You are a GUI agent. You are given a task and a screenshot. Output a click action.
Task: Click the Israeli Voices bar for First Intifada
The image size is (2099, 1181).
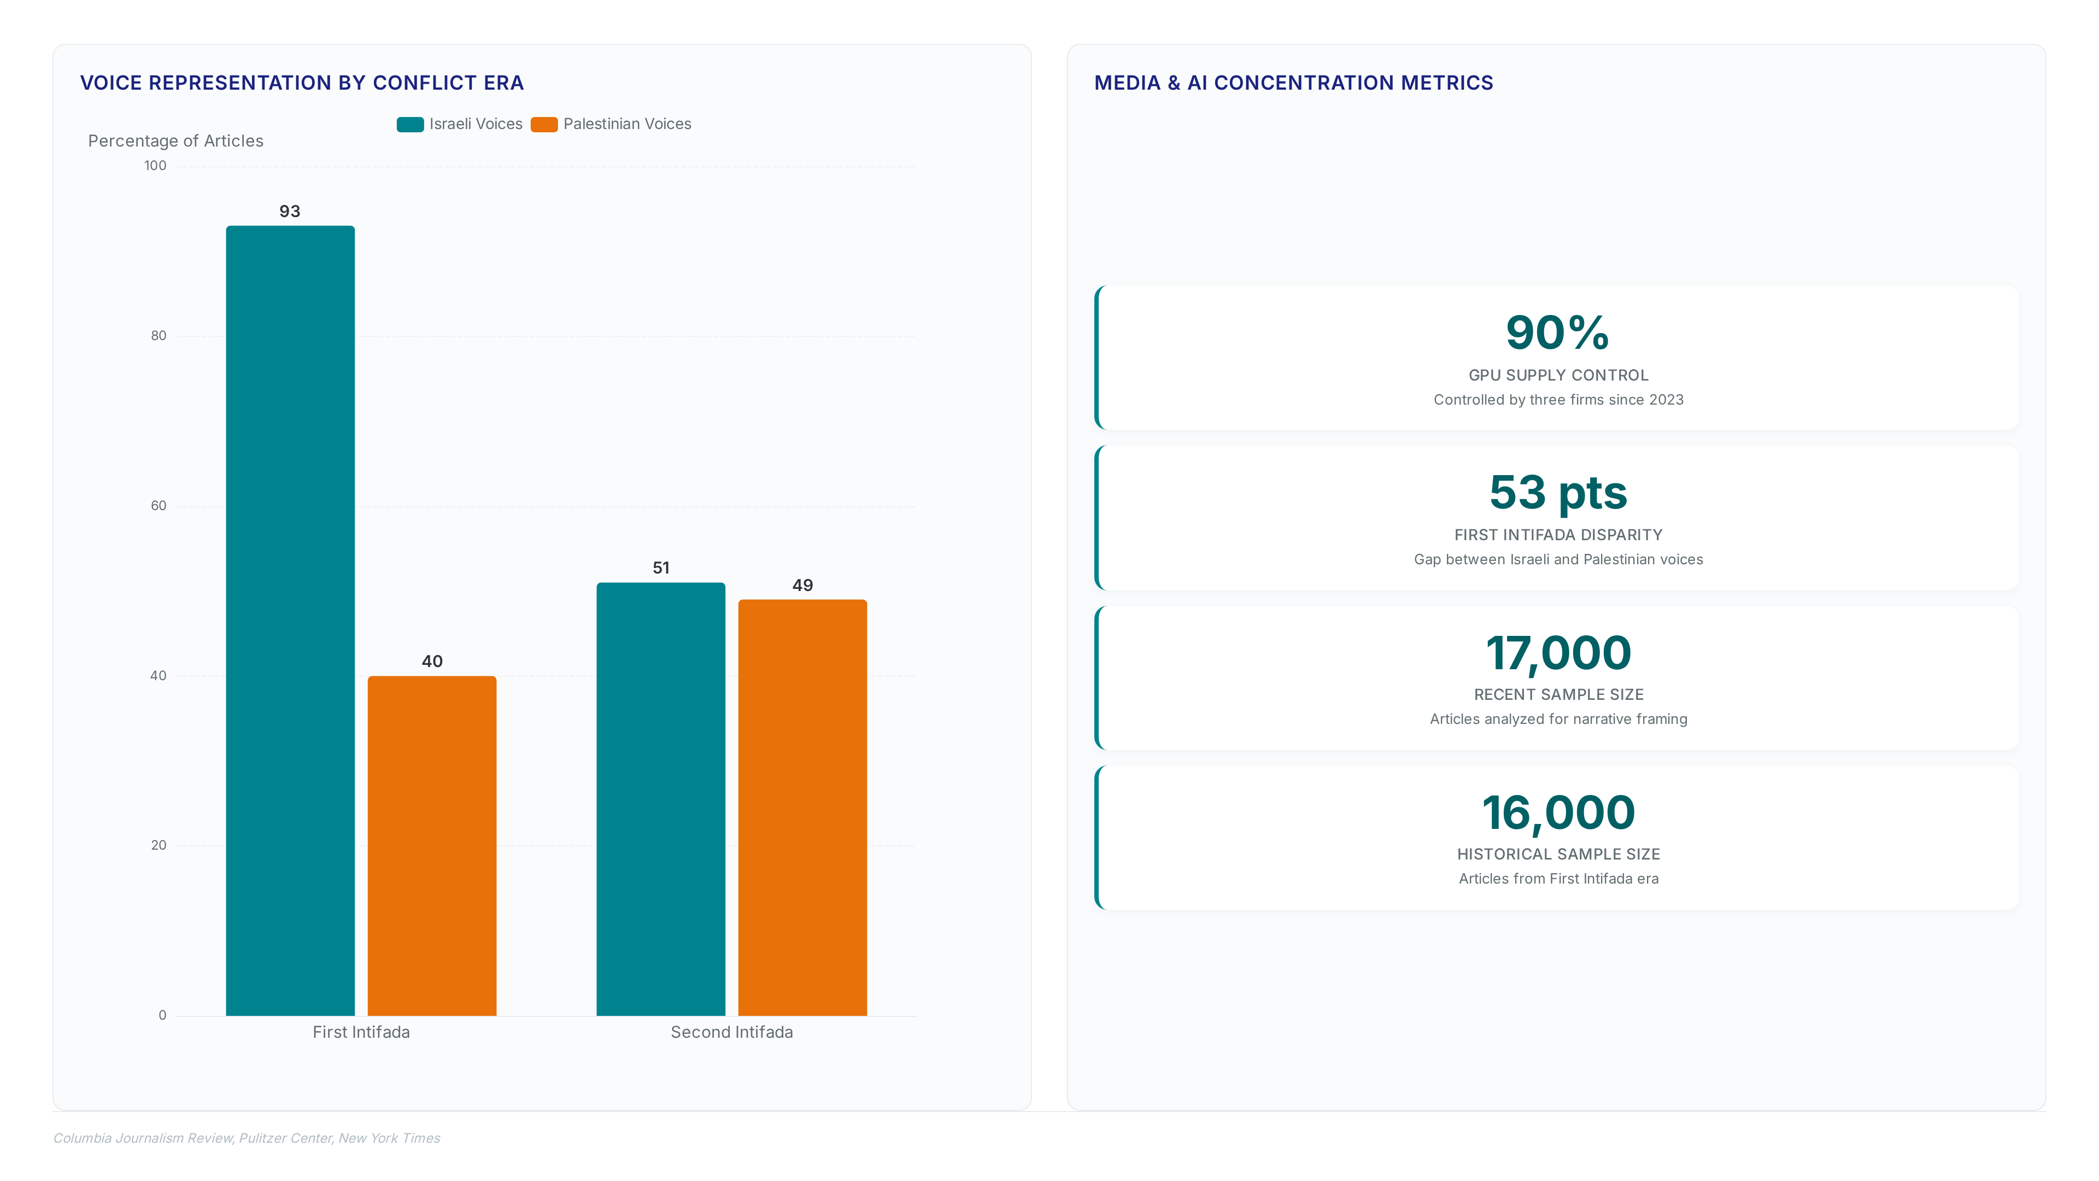pos(290,620)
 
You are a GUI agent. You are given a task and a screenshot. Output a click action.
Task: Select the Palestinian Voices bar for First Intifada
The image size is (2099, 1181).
pos(432,845)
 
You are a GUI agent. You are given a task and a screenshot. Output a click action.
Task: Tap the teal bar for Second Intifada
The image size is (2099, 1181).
pos(661,799)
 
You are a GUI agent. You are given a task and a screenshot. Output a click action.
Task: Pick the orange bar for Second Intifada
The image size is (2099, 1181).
pos(802,808)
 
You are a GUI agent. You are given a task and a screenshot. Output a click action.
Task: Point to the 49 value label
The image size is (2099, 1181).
pos(802,585)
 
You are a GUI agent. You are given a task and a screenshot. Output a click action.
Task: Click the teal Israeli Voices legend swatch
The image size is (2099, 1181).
pos(410,124)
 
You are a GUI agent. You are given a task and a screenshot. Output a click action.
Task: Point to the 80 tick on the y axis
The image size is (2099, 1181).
pos(158,336)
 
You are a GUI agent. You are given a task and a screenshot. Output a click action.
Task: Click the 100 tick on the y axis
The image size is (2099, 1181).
pos(155,166)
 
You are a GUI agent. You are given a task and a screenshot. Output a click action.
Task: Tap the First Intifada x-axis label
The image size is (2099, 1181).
pos(361,1032)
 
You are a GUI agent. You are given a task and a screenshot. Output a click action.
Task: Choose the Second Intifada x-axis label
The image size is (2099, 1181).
pos(732,1032)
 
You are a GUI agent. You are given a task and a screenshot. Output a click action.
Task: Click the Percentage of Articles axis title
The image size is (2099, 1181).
pos(176,141)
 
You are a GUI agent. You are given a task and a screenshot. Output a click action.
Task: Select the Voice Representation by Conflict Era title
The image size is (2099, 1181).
pos(302,83)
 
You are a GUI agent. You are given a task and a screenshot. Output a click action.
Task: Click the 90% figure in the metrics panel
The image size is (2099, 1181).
pos(1558,332)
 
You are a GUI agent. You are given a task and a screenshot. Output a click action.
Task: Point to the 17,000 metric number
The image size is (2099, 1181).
pos(1558,653)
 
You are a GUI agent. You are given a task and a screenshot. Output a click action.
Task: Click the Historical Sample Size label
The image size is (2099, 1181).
pos(1558,854)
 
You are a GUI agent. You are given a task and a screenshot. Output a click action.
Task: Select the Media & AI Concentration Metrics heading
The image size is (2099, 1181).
pos(1293,83)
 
